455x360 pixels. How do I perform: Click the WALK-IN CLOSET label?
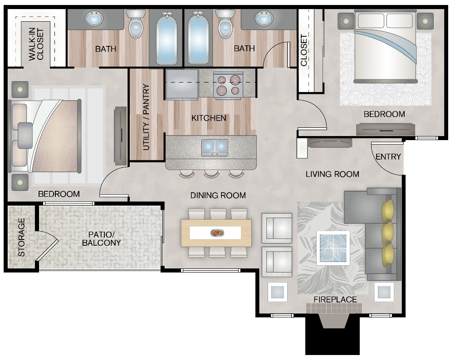(x=37, y=43)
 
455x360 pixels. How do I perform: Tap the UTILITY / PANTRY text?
(x=146, y=117)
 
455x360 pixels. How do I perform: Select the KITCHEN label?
(x=209, y=118)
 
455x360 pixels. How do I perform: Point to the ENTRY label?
(x=388, y=157)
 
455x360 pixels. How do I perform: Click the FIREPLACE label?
(x=335, y=300)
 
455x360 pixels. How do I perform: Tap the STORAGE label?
(x=21, y=237)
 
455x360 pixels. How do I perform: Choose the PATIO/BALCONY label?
(x=101, y=239)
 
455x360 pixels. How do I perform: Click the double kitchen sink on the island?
(x=214, y=146)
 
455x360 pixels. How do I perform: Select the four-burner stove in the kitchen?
(x=228, y=85)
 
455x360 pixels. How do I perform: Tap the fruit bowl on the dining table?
(x=216, y=233)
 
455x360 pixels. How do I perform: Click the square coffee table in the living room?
(x=333, y=248)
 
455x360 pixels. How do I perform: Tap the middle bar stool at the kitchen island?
(x=211, y=173)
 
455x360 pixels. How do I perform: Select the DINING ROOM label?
(x=218, y=195)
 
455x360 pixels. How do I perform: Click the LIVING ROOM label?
(x=332, y=174)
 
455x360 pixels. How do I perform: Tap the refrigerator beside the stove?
(x=182, y=85)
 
